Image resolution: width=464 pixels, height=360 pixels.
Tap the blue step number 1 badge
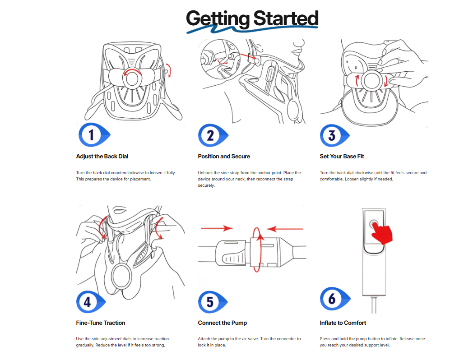(x=94, y=135)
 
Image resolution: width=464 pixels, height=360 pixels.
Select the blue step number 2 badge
(x=213, y=135)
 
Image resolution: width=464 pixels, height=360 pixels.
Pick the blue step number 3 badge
(x=334, y=135)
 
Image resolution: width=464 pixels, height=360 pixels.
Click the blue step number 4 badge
(x=91, y=302)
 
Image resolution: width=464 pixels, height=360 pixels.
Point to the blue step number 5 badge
(x=213, y=302)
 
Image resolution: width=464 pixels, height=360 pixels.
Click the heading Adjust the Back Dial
(x=102, y=157)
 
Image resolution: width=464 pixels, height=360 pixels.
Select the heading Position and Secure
(x=224, y=157)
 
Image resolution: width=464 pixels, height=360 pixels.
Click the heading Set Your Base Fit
(x=342, y=157)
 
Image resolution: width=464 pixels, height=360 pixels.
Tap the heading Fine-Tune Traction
(x=101, y=323)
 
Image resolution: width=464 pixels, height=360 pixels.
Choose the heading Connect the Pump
(x=223, y=323)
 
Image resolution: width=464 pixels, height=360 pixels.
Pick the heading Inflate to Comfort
(x=343, y=323)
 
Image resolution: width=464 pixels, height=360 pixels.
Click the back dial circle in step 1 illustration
(x=132, y=78)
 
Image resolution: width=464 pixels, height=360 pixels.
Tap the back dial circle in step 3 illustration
(x=371, y=81)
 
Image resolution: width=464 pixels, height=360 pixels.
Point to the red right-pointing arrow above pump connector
(x=217, y=228)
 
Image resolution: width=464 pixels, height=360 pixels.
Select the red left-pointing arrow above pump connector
(x=285, y=229)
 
